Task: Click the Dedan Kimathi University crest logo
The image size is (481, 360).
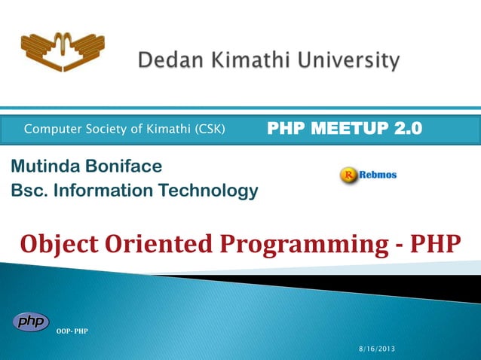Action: (62, 52)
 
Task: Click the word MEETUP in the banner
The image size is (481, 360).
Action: (349, 129)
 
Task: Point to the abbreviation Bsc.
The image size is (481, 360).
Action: (27, 191)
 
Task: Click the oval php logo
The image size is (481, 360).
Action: (31, 321)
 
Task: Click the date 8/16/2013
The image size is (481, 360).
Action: (375, 350)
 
